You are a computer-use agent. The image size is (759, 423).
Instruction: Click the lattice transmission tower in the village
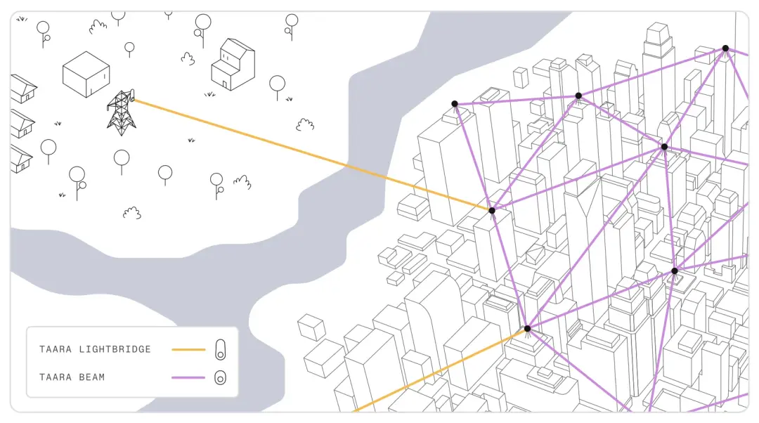(x=121, y=113)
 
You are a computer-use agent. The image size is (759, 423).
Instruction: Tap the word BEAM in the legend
(x=91, y=377)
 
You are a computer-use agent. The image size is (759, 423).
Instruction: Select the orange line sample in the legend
(x=188, y=349)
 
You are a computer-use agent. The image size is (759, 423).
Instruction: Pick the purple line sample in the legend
(x=188, y=377)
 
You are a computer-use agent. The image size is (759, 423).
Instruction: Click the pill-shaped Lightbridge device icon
(x=220, y=349)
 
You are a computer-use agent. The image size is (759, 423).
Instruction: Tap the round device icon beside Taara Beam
(x=220, y=377)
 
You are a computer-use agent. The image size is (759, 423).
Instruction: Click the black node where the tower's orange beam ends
(x=492, y=211)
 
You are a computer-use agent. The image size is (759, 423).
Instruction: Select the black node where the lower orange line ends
(x=527, y=329)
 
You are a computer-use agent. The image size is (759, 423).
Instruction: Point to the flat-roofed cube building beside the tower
(x=86, y=74)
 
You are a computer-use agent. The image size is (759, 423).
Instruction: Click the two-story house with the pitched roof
(x=233, y=65)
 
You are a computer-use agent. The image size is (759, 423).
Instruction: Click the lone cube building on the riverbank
(x=311, y=327)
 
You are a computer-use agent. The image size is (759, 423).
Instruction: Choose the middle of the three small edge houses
(x=22, y=124)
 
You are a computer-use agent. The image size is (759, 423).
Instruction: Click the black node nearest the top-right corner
(x=725, y=48)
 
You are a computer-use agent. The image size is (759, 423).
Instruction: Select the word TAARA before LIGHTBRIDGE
(x=56, y=349)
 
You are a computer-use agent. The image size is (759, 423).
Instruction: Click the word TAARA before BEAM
(x=56, y=377)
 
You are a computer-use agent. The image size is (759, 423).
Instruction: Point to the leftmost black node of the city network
(x=455, y=103)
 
